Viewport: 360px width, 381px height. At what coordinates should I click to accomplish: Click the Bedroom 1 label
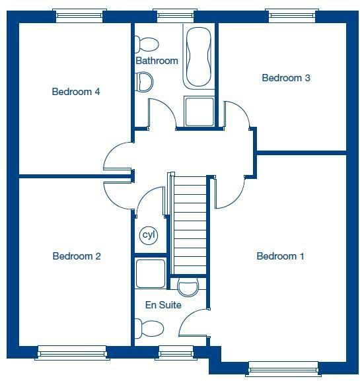[280, 256]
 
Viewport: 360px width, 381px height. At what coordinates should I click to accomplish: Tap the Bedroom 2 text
[77, 256]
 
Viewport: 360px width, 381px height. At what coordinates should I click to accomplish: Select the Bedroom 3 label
[286, 78]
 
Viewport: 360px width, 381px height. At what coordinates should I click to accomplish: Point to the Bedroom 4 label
[76, 92]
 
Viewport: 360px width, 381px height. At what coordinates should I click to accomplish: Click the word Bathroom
[157, 61]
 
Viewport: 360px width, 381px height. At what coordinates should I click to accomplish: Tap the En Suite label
[162, 305]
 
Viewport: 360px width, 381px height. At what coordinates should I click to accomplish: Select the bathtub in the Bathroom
[199, 58]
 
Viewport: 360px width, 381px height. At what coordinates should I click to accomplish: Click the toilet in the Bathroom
[147, 44]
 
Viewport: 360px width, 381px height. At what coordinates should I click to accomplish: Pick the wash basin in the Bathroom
[143, 82]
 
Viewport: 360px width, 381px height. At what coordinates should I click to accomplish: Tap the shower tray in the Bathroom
[199, 112]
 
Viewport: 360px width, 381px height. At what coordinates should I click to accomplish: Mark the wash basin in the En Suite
[188, 287]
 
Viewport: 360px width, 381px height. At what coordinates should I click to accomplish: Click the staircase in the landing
[189, 225]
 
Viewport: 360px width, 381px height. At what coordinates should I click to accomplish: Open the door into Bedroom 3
[236, 116]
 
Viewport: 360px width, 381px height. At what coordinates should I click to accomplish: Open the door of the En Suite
[194, 325]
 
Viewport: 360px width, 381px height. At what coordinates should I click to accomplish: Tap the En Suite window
[174, 353]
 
